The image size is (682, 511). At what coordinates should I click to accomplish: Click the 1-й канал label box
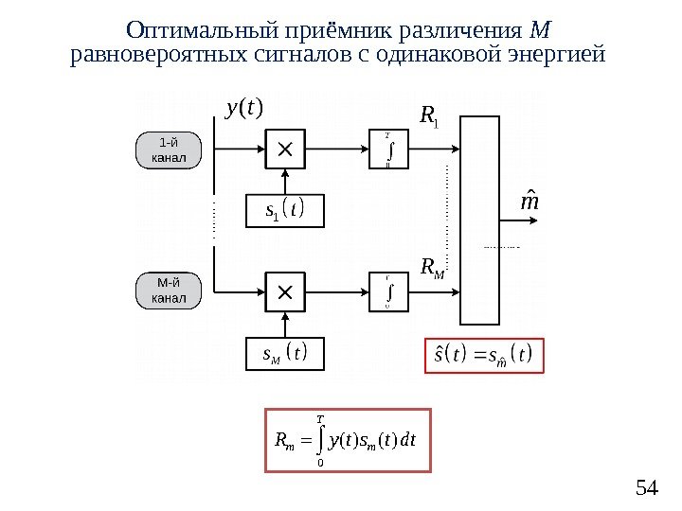169,150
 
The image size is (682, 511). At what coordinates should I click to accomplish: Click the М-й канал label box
169,291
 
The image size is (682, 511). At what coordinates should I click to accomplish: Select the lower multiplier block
285,291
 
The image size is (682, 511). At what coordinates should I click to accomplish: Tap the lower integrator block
389,291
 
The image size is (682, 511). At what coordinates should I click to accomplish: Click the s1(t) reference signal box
285,210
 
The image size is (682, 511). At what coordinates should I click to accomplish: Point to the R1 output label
428,117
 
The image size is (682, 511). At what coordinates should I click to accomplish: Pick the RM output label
431,271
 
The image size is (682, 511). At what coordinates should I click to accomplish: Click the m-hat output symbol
531,204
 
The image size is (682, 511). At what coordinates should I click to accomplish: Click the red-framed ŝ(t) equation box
484,356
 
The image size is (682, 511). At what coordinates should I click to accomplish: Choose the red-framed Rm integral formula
350,439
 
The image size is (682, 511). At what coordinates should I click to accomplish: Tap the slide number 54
646,488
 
